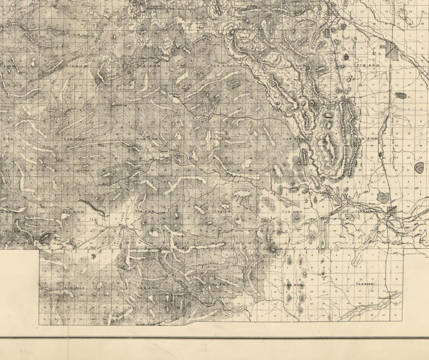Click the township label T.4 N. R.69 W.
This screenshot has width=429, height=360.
tap(365, 284)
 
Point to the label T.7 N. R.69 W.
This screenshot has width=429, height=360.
tap(365, 66)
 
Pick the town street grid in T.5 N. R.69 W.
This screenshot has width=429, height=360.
tap(392, 210)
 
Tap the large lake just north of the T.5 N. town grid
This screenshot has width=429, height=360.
tap(383, 197)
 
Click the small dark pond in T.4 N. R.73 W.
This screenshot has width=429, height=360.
tap(94, 256)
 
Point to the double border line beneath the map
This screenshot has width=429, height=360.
tap(214, 337)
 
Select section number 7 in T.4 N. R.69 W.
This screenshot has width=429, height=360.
tap(336, 267)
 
